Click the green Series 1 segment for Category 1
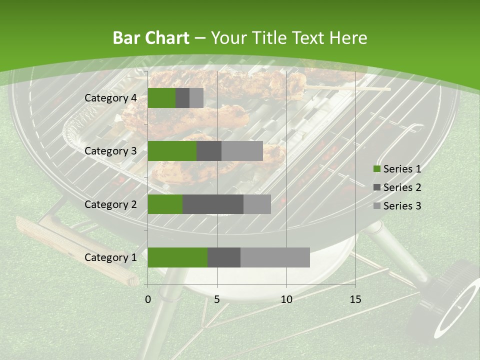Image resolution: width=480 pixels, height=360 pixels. pyautogui.click(x=177, y=257)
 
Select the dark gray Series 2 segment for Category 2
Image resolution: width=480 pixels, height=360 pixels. pyautogui.click(x=213, y=204)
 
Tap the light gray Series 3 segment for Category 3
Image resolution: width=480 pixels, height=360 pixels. pyautogui.click(x=242, y=151)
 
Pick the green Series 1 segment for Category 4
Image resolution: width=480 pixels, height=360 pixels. pyautogui.click(x=161, y=98)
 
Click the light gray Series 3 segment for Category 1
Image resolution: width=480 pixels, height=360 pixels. pyautogui.click(x=275, y=257)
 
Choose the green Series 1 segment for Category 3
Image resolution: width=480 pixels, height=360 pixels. pyautogui.click(x=172, y=151)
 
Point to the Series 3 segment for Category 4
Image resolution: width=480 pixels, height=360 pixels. pyautogui.click(x=196, y=98)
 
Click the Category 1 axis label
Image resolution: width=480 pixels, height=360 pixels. pyautogui.click(x=110, y=257)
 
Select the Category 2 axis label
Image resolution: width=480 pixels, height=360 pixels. pyautogui.click(x=110, y=204)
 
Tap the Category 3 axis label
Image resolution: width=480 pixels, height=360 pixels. pyautogui.click(x=110, y=151)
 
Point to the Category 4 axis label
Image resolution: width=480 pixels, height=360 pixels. pyautogui.click(x=110, y=98)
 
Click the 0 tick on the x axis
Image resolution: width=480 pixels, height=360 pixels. pyautogui.click(x=148, y=299)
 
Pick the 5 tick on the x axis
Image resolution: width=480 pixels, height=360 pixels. pyautogui.click(x=217, y=299)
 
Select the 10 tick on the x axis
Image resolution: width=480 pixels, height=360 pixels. pyautogui.click(x=286, y=299)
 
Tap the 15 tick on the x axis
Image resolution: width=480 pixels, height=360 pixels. pyautogui.click(x=355, y=299)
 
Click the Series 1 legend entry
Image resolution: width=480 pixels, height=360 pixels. pyautogui.click(x=397, y=169)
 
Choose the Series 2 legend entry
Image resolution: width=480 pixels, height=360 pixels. pyautogui.click(x=397, y=187)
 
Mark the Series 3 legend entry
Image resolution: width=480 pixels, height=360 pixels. pyautogui.click(x=397, y=206)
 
